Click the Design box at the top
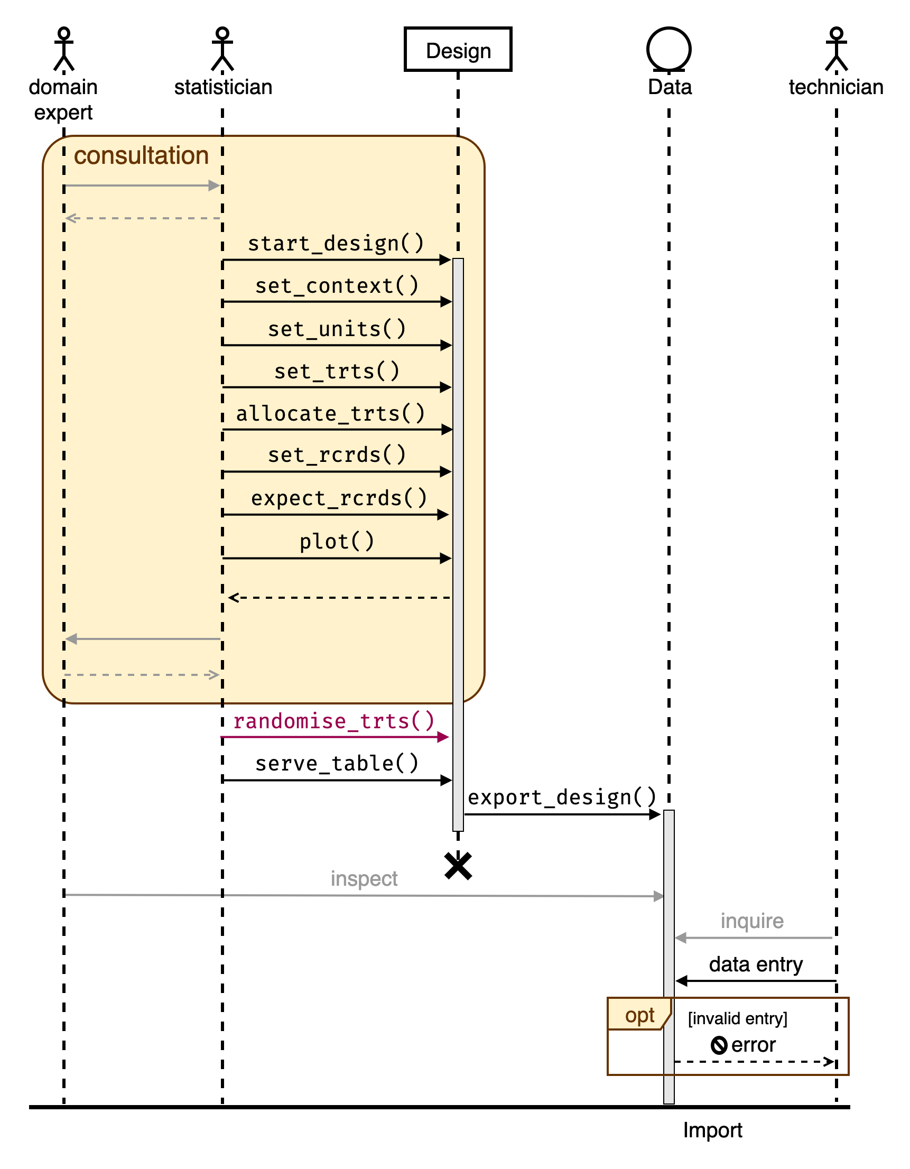click(x=458, y=50)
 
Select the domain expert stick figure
click(x=64, y=49)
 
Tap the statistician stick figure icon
click(x=222, y=49)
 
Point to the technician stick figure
click(x=836, y=49)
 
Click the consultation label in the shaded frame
click(x=141, y=156)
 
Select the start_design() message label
click(x=336, y=244)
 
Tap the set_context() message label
click(x=337, y=286)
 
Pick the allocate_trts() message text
click(x=330, y=414)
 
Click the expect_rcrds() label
click(x=339, y=498)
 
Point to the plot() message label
click(x=337, y=542)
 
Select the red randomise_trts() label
click(x=333, y=721)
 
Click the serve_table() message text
click(x=337, y=764)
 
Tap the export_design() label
click(x=562, y=798)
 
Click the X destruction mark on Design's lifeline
click(x=458, y=866)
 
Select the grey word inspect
click(x=364, y=879)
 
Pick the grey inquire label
click(x=751, y=921)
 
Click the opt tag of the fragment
click(x=639, y=1015)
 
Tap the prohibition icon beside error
click(x=719, y=1045)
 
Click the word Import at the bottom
click(x=712, y=1130)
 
